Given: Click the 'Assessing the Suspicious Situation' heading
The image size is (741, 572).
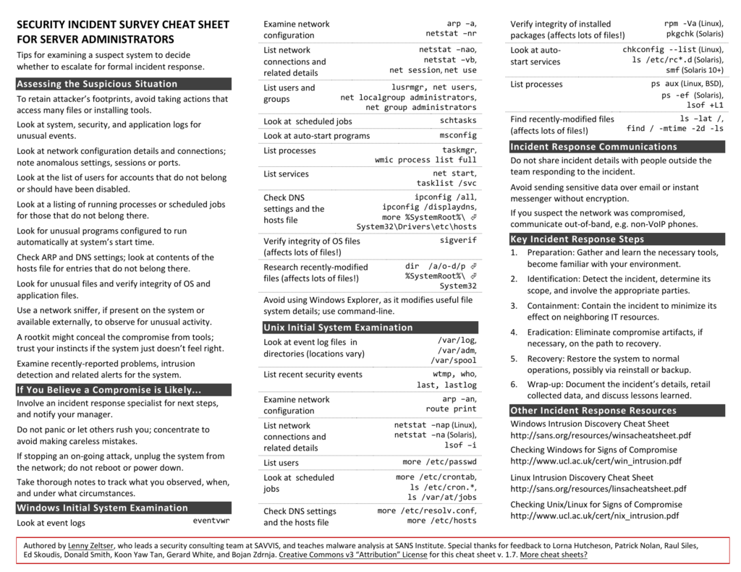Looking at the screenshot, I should click(x=97, y=84).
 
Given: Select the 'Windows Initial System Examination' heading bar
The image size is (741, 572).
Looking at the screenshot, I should click(x=102, y=508).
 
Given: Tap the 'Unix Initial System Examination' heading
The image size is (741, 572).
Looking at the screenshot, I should click(x=338, y=328).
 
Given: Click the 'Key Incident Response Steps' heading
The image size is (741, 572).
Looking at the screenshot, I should click(x=577, y=239).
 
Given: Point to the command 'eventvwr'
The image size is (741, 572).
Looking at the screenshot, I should click(x=211, y=521).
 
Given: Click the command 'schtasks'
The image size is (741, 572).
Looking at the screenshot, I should click(x=458, y=121).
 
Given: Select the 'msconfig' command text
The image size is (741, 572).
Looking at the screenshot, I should click(x=458, y=136).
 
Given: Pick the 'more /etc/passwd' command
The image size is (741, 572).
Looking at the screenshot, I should click(x=439, y=462).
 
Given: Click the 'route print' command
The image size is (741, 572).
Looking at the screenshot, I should click(x=451, y=409).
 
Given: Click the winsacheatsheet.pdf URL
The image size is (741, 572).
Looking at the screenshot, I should click(x=600, y=435).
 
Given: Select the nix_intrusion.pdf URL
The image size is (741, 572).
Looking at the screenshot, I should click(x=594, y=516).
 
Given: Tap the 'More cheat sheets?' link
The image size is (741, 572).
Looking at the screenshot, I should click(x=553, y=555).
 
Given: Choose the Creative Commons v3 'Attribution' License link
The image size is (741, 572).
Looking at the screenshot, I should click(x=352, y=555).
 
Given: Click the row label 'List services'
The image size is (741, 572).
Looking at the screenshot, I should click(x=286, y=174).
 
